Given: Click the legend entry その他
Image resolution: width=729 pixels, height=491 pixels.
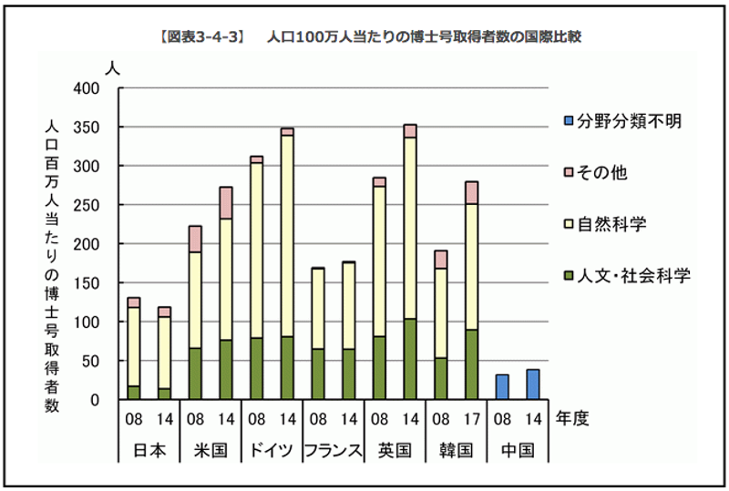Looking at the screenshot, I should [x=601, y=172].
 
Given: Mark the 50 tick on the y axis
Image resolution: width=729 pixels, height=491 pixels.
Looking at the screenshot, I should [x=100, y=361].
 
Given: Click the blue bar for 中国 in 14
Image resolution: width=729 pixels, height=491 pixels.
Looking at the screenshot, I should [x=533, y=384].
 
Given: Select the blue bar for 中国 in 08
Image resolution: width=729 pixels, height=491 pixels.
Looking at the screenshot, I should [x=502, y=387].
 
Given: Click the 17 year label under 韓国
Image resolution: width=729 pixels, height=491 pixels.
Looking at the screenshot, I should [x=472, y=420].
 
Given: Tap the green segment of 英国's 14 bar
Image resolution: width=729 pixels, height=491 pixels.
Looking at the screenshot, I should [x=410, y=359].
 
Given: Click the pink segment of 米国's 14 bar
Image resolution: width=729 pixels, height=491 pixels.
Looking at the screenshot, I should [x=226, y=202].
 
